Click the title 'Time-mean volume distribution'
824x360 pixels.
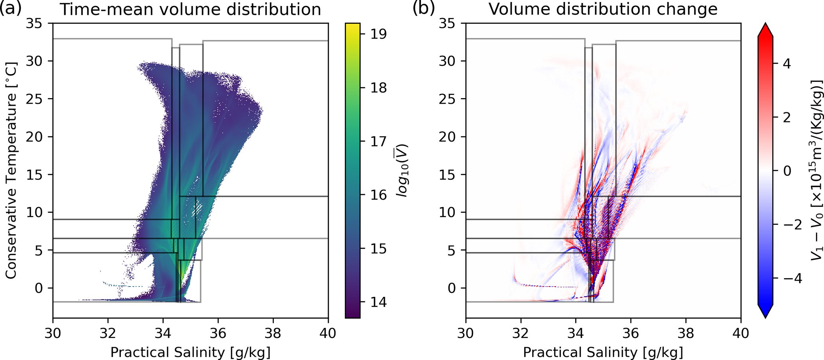[x=190, y=9]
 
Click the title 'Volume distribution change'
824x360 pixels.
[x=603, y=9]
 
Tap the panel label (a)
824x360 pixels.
[x=11, y=8]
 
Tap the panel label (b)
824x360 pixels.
[x=423, y=8]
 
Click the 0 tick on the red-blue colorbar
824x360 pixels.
[x=787, y=171]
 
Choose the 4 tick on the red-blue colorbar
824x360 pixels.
[x=787, y=64]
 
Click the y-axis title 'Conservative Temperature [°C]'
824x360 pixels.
[x=11, y=170]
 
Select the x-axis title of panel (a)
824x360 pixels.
[x=190, y=352]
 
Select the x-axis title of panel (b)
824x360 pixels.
[x=603, y=352]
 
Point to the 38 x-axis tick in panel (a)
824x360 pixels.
[x=273, y=333]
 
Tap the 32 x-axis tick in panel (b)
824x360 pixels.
[x=521, y=333]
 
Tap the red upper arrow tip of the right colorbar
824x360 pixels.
[x=765, y=28]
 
